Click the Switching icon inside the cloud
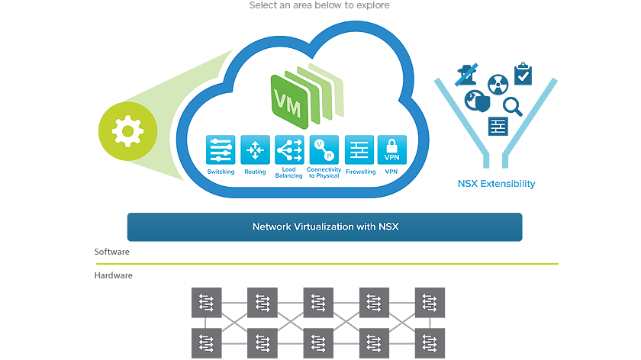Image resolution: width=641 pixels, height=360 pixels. tap(221, 150)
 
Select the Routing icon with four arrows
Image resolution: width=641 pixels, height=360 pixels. tap(255, 150)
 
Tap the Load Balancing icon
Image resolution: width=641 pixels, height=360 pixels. tap(289, 150)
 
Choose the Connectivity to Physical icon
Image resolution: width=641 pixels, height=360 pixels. tap(324, 150)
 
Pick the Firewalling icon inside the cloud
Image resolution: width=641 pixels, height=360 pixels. tap(359, 150)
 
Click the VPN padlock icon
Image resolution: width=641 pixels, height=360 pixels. tap(392, 150)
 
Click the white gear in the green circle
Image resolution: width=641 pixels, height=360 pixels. tap(127, 132)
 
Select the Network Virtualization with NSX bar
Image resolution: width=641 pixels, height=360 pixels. tap(324, 227)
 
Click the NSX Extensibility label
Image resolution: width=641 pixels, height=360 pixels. tap(496, 184)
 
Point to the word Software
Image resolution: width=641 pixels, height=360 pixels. tap(111, 252)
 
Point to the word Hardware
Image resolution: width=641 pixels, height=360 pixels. tap(114, 275)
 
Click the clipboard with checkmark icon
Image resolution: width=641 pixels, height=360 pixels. tap(523, 74)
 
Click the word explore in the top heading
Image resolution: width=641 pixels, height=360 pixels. tap(373, 5)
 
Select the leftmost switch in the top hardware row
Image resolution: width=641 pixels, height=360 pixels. tap(206, 302)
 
